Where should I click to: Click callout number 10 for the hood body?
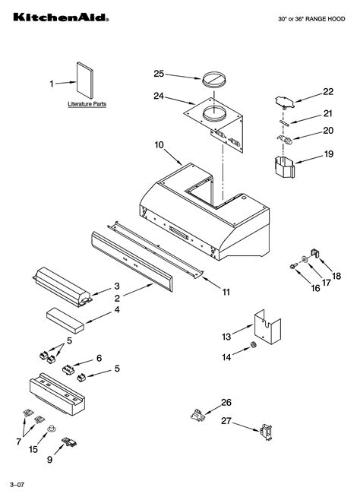pos(159,144)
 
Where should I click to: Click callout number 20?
pos(327,130)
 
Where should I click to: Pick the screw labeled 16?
pos(293,266)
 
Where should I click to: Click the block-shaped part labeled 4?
pos(66,315)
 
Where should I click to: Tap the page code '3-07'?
pos(17,484)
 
